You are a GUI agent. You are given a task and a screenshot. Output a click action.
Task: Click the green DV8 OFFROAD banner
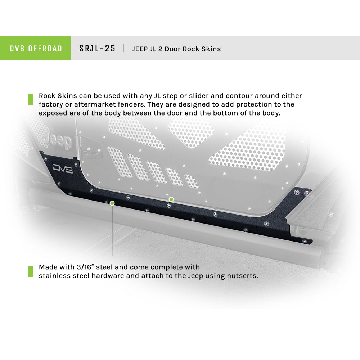[x=35, y=48]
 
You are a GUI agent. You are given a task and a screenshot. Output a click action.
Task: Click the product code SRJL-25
[x=97, y=49]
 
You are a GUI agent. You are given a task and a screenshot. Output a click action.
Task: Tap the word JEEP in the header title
[x=140, y=49]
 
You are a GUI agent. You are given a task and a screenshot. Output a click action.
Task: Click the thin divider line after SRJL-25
[x=124, y=49]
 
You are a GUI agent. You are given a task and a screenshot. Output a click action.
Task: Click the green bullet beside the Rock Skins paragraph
[x=30, y=100]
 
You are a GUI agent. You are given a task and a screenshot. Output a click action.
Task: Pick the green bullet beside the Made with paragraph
[x=30, y=271]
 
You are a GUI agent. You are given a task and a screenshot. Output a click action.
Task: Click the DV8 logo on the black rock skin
[x=63, y=168]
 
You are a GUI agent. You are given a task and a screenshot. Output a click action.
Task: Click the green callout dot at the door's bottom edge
[x=171, y=199]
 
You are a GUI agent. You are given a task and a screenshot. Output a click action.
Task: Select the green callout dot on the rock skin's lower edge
[x=112, y=203]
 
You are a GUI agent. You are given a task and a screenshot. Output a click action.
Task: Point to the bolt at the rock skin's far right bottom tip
[x=305, y=241]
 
